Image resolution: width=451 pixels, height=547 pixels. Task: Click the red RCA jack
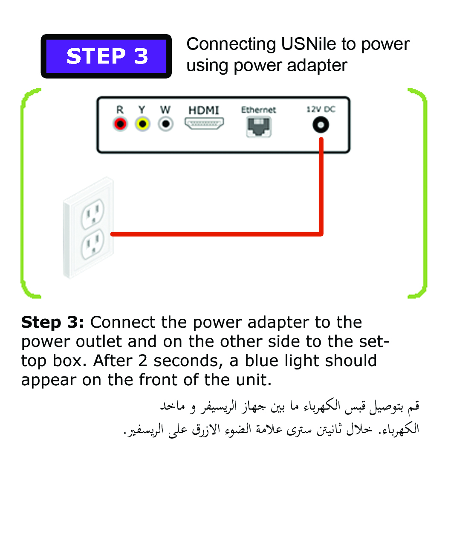pos(120,124)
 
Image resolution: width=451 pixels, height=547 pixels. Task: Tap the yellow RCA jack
pos(143,124)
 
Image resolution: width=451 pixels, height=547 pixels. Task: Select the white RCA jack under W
pos(166,124)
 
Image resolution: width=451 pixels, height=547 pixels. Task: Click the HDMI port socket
pos(204,123)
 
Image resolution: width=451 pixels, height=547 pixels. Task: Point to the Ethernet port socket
pos(259,127)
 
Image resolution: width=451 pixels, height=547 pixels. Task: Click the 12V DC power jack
pos(321,125)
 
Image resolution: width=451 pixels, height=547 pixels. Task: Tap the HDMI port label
pos(204,110)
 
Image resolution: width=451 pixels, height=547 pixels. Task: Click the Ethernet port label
pos(258,110)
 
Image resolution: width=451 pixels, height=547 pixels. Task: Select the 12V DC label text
pos(321,109)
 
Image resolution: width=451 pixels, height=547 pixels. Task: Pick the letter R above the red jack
pos(120,110)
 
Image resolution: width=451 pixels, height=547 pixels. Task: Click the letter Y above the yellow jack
pos(142,110)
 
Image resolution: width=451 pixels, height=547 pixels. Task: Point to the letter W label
pos(165,110)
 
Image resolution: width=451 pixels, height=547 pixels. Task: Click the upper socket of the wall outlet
pos(93,214)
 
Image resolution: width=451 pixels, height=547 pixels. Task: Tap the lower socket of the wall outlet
pos(93,244)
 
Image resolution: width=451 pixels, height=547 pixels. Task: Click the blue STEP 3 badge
pos(106,56)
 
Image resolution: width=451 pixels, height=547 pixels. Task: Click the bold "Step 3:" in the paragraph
pos(52,322)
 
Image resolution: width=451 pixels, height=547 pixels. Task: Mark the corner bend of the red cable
pos(321,234)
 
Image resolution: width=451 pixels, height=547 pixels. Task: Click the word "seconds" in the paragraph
pos(186,361)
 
